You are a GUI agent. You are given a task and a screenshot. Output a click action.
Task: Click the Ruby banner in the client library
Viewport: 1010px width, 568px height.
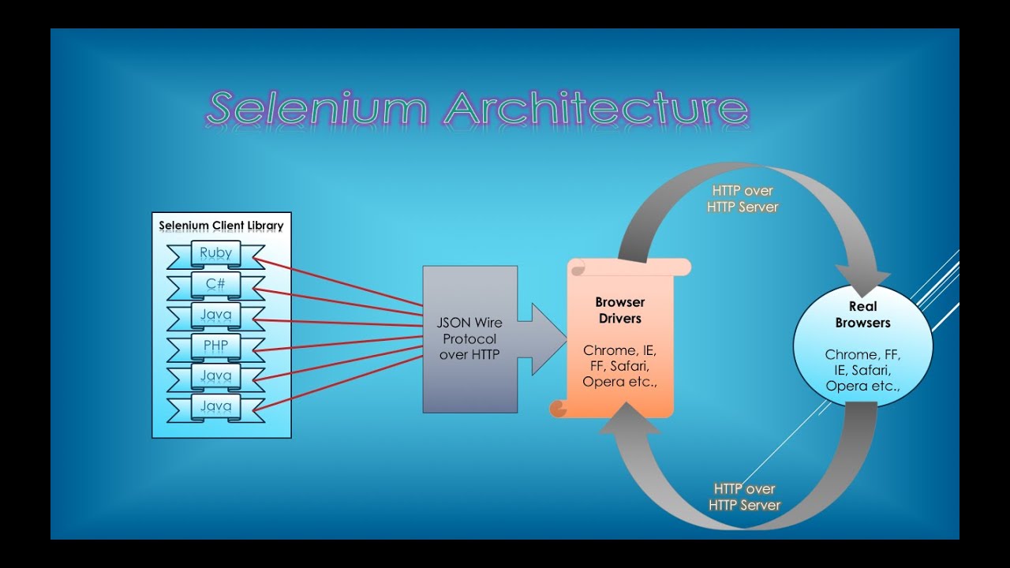[x=215, y=254]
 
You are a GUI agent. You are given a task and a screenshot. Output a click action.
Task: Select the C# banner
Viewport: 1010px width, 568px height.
[x=215, y=284]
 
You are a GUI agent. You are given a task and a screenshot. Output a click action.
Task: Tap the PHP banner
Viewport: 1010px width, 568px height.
[x=215, y=346]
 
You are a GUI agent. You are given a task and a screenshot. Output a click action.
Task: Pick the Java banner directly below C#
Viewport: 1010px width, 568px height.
[x=215, y=316]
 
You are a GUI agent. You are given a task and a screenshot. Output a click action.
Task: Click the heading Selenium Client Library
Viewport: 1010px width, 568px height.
[x=221, y=226]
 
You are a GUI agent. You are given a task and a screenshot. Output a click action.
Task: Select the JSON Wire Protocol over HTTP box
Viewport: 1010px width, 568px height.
[x=469, y=338]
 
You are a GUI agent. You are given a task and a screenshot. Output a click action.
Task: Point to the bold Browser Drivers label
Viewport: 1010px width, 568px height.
[x=619, y=310]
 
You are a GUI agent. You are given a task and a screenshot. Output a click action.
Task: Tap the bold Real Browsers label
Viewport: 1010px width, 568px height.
[x=862, y=315]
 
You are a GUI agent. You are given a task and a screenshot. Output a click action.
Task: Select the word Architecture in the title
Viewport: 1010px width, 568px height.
[x=596, y=109]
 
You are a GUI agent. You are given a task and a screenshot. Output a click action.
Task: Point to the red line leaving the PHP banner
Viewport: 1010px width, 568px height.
[x=339, y=342]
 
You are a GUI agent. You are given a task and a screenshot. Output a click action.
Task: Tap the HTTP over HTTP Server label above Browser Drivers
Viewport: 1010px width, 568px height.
[x=743, y=199]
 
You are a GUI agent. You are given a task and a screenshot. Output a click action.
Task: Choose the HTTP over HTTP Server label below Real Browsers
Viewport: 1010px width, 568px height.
[x=744, y=497]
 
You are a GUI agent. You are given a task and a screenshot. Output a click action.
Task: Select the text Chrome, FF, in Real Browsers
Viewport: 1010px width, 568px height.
[x=862, y=355]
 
